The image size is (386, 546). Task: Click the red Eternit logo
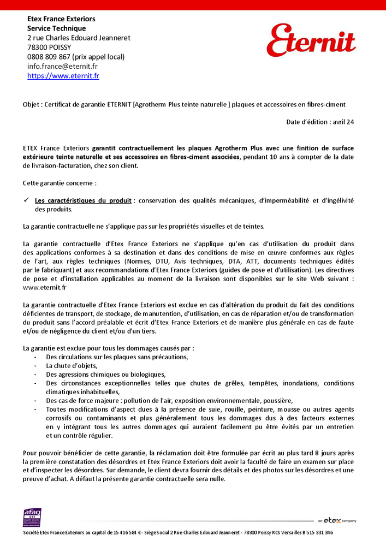(311, 41)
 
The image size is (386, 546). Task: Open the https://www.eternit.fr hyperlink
(63, 76)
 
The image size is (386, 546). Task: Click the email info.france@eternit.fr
(62, 66)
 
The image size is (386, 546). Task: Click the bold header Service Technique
(56, 28)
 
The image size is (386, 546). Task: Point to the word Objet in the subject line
(31, 104)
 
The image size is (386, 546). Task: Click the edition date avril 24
(343, 122)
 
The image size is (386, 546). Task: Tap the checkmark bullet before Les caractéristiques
(26, 200)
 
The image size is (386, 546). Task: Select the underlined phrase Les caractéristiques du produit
(83, 201)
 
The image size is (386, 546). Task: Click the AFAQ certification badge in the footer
(32, 517)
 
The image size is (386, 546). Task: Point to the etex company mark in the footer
(339, 520)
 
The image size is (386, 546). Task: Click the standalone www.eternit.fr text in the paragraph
(45, 287)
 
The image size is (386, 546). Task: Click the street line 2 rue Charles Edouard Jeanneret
(79, 38)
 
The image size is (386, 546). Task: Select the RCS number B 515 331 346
(315, 532)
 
